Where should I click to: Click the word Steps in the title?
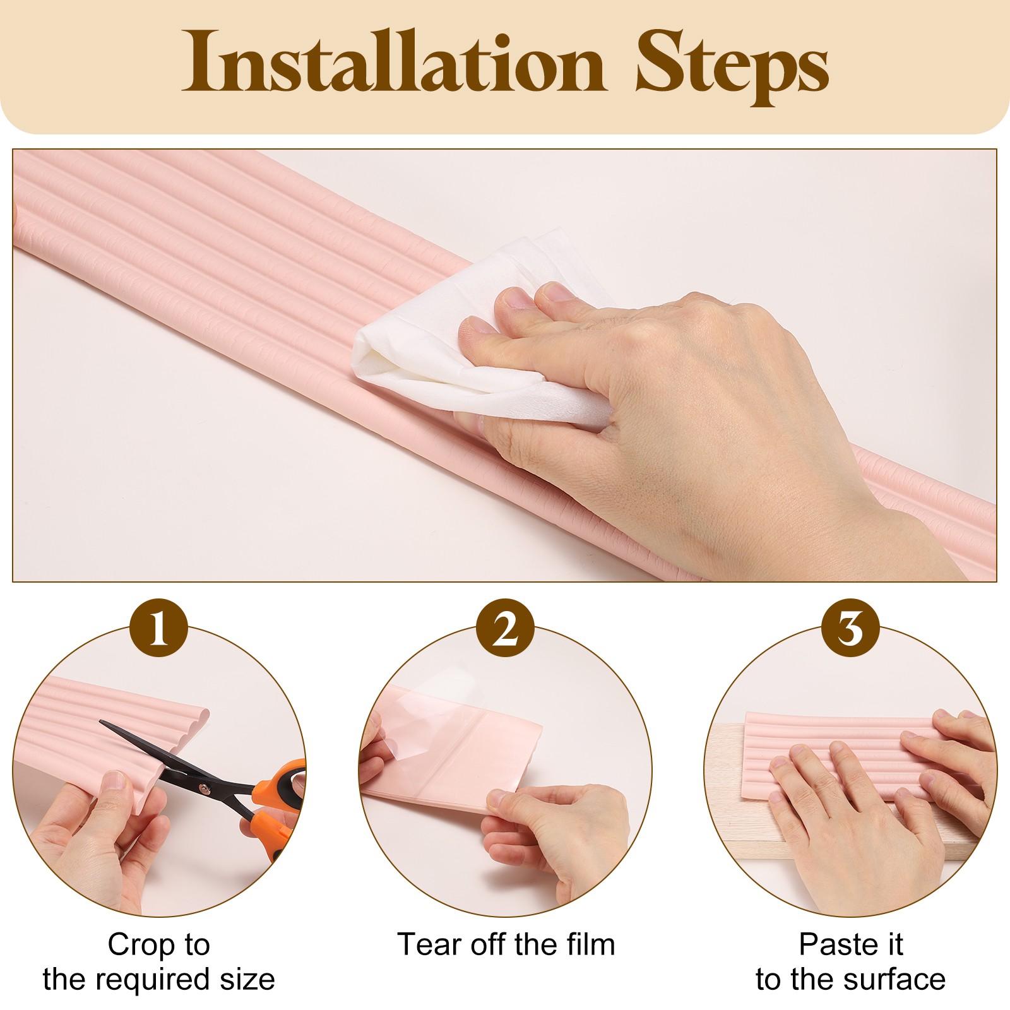732,66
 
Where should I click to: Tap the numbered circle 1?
158,628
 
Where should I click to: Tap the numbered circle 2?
505,628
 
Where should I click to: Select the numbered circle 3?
850,628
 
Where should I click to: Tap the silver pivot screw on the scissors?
204,787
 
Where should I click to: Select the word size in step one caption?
247,980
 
